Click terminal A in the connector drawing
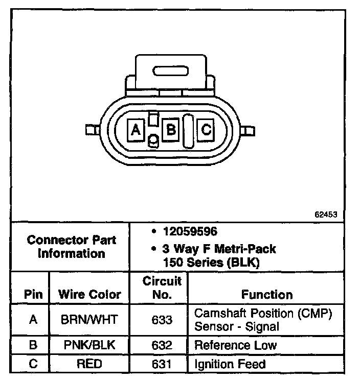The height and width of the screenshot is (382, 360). (136, 130)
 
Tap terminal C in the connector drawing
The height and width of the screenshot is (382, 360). (206, 130)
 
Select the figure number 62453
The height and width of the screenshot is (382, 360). (325, 215)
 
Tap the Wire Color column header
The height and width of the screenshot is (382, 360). (89, 295)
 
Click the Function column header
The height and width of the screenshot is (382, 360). (266, 295)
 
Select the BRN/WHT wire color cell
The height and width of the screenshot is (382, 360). (89, 320)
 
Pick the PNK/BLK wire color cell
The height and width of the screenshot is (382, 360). (89, 345)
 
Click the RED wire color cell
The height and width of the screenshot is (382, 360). (89, 364)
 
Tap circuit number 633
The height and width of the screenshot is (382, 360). (162, 320)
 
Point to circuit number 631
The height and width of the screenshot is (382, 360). (162, 364)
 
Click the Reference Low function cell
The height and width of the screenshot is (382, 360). (235, 345)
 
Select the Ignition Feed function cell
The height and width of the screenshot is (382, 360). (230, 364)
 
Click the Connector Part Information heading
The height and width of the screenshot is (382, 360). (71, 246)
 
